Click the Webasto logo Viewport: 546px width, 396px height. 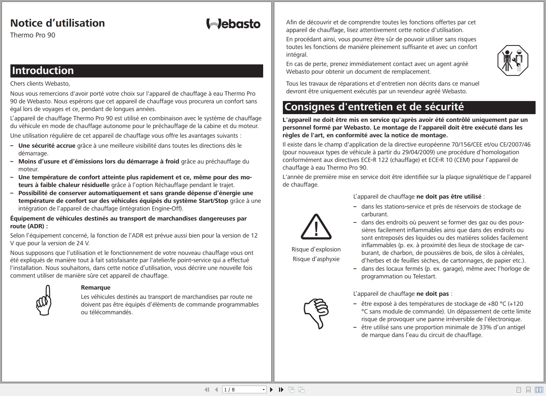coord(233,24)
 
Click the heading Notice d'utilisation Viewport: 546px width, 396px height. coord(57,23)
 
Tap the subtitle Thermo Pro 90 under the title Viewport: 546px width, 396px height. coord(33,35)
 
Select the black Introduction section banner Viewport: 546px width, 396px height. coord(137,71)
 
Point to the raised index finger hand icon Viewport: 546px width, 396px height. coord(44,300)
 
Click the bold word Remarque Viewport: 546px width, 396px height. coord(96,288)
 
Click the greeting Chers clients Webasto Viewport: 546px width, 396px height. coord(40,83)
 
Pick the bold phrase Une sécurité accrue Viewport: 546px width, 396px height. coord(47,145)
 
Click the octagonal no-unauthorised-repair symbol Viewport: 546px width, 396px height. coord(512,61)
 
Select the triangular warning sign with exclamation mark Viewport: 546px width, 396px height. coord(316,227)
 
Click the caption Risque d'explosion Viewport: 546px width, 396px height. coord(316,249)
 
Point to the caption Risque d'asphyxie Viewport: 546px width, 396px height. coord(316,259)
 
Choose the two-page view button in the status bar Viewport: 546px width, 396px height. coord(539,390)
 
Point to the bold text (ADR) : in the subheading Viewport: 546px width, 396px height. coord(37,226)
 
